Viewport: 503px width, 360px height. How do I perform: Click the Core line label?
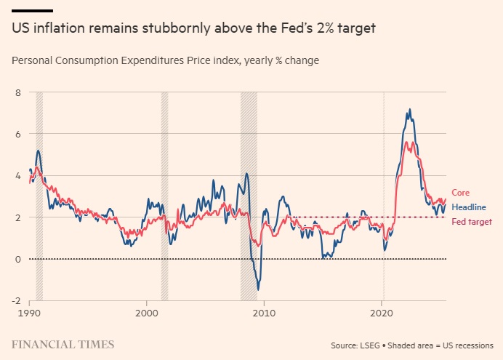461,193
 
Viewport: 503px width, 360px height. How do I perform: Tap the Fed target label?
472,222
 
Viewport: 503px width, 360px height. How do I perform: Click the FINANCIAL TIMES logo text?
62,343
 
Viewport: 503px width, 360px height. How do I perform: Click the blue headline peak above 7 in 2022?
410,110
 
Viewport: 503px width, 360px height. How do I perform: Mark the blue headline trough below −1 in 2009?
259,289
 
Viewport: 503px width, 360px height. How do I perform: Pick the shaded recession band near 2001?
164,196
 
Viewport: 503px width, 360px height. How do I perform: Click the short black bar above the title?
32,11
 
